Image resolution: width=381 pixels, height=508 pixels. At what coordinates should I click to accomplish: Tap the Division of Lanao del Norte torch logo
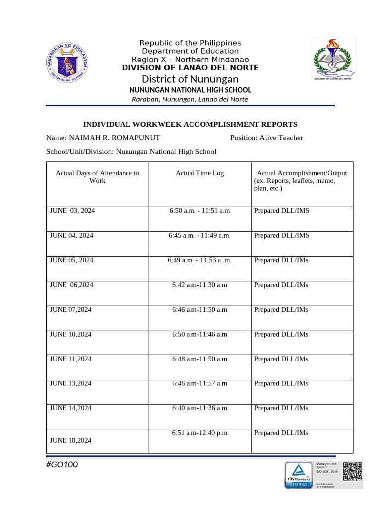[x=333, y=59]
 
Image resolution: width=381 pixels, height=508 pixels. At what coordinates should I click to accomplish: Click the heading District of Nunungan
[x=190, y=79]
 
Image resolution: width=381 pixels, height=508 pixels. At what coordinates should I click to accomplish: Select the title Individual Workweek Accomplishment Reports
[x=190, y=124]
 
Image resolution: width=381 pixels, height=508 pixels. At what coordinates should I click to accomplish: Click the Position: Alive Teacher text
[x=266, y=138]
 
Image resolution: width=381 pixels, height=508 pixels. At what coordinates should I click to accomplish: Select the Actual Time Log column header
[x=199, y=173]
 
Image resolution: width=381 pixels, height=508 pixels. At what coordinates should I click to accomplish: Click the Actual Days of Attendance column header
[x=97, y=177]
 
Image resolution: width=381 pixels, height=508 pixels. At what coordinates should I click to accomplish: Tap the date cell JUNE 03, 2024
[x=72, y=211]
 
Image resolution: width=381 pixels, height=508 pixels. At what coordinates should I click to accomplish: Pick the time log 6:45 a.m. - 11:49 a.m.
[x=199, y=236]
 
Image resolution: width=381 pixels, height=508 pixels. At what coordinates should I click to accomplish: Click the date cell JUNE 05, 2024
[x=71, y=260]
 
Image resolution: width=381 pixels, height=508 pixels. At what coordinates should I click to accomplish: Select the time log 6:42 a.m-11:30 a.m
[x=199, y=285]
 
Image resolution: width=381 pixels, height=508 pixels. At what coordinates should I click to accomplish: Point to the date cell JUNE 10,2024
[x=70, y=334]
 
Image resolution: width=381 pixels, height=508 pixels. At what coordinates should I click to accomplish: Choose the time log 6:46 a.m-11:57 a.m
[x=199, y=383]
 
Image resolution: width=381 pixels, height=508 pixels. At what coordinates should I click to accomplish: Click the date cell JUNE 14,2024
[x=70, y=408]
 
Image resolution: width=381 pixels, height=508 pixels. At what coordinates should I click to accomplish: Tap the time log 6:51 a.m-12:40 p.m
[x=199, y=433]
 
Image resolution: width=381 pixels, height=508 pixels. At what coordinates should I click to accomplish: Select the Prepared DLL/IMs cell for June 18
[x=281, y=433]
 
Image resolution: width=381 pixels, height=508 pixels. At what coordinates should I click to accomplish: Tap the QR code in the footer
[x=353, y=472]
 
